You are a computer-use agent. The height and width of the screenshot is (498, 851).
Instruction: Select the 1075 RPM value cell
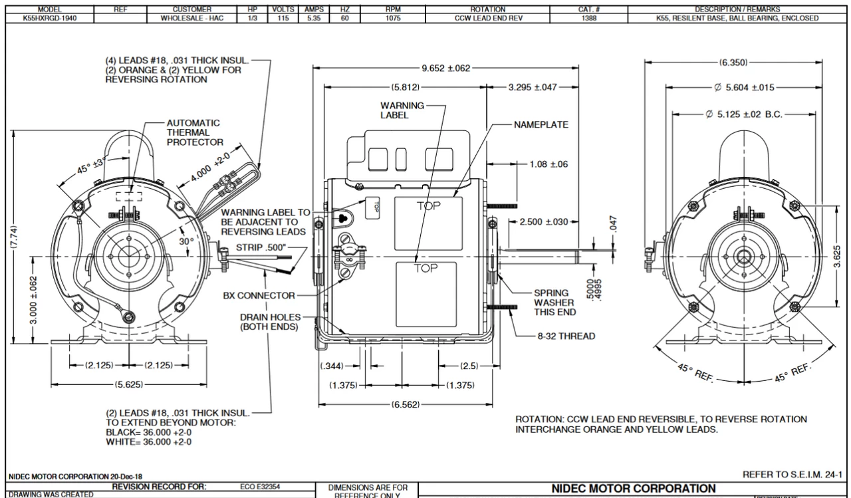pyautogui.click(x=393, y=18)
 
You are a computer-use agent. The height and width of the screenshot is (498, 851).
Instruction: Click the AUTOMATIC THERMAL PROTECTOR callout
pyautogui.click(x=194, y=132)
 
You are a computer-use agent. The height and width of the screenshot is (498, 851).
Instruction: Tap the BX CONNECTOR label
pyautogui.click(x=259, y=295)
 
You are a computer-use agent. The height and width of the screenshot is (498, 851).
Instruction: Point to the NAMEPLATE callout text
pyautogui.click(x=541, y=125)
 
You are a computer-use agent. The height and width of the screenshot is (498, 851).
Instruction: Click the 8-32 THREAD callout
pyautogui.click(x=566, y=336)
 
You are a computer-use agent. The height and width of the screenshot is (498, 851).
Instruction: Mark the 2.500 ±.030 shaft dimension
pyautogui.click(x=543, y=221)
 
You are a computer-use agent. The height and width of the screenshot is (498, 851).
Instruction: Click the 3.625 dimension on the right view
pyautogui.click(x=836, y=255)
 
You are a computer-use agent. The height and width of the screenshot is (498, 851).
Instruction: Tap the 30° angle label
pyautogui.click(x=186, y=241)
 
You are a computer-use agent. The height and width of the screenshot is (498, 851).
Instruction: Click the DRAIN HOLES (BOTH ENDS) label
pyautogui.click(x=270, y=322)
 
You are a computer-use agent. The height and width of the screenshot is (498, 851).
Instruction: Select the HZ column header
pyautogui.click(x=344, y=9)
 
